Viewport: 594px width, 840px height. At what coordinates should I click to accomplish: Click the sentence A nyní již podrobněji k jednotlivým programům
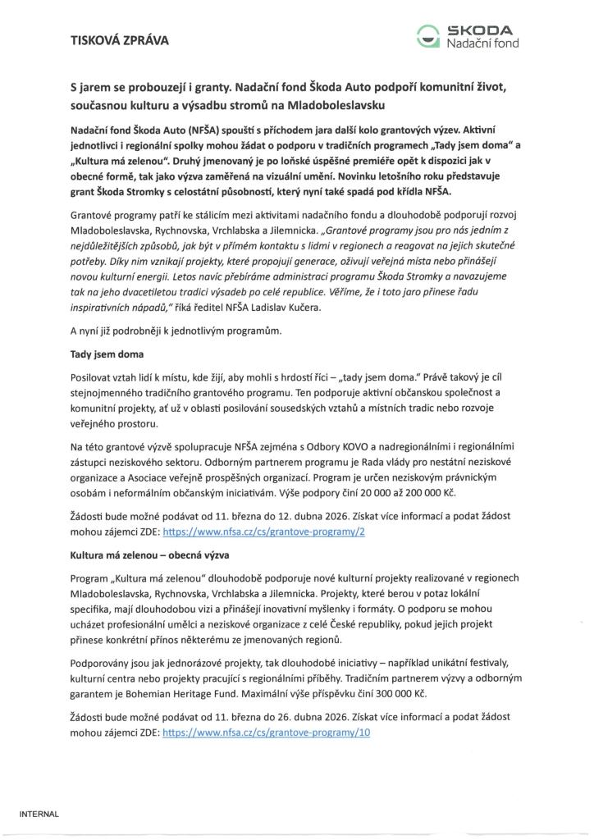click(175, 331)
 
